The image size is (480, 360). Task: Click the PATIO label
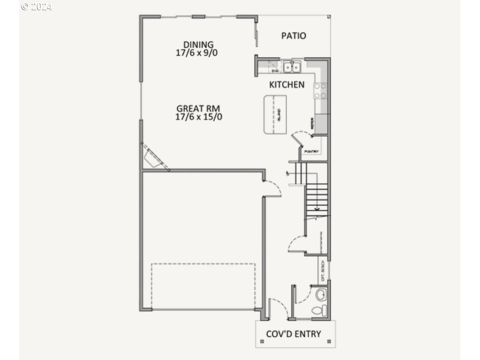[x=293, y=36]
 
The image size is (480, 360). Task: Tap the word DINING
[x=198, y=45]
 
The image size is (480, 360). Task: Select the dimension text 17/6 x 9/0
[x=198, y=52]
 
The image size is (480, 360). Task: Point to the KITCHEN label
[x=287, y=84]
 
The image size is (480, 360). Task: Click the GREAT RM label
[x=199, y=108]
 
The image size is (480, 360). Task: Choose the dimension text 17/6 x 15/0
[x=199, y=117]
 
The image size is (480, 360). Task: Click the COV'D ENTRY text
[x=293, y=334]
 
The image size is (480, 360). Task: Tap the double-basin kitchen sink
[x=292, y=67]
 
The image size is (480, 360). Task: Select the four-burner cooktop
[x=320, y=90]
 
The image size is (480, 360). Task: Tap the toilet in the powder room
[x=319, y=309]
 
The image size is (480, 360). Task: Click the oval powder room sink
[x=320, y=294]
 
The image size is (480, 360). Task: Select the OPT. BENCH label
[x=323, y=270]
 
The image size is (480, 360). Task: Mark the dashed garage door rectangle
[x=203, y=286]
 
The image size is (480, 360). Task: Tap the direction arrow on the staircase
[x=316, y=208]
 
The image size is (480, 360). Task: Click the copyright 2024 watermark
[x=37, y=7]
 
